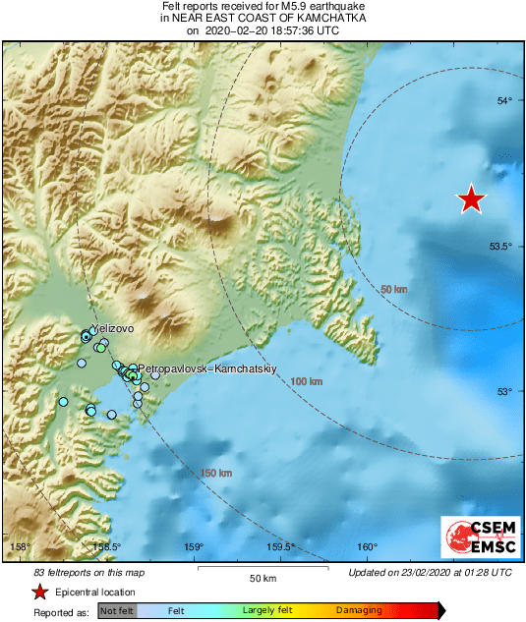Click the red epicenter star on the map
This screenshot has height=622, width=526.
click(473, 199)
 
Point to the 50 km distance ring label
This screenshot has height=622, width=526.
click(393, 289)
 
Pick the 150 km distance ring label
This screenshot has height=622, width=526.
click(216, 474)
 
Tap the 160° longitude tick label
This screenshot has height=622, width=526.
click(367, 547)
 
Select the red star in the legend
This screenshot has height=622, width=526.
click(39, 592)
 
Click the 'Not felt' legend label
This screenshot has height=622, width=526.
click(117, 611)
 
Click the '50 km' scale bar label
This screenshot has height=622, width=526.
click(263, 578)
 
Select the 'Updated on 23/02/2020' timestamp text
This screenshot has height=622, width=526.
click(430, 572)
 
